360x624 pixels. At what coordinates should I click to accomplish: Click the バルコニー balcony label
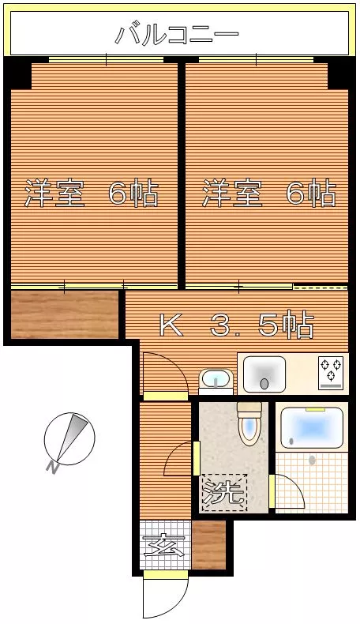pos(177,35)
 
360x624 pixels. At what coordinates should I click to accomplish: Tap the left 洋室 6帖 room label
pos(92,193)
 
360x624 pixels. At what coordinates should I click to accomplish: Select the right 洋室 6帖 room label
pos(269,193)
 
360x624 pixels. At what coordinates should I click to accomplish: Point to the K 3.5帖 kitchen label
pos(237,325)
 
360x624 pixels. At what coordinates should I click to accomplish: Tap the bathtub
pos(312,429)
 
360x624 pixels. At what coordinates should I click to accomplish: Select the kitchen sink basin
pos(264,374)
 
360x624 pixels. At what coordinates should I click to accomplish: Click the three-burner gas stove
pos(331,373)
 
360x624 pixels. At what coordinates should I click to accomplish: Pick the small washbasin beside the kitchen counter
pos(216,381)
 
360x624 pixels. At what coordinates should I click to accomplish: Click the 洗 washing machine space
pos(224,493)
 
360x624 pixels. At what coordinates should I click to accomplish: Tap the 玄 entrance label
pos(164,545)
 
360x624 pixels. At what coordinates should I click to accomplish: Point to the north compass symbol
pos(69,438)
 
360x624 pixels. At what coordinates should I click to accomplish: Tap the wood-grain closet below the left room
pos(65,314)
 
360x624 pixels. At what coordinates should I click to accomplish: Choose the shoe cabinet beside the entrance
pos(209,545)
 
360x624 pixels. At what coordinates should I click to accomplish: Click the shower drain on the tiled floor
pos(312,460)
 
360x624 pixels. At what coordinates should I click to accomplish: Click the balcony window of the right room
pos(256,59)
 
